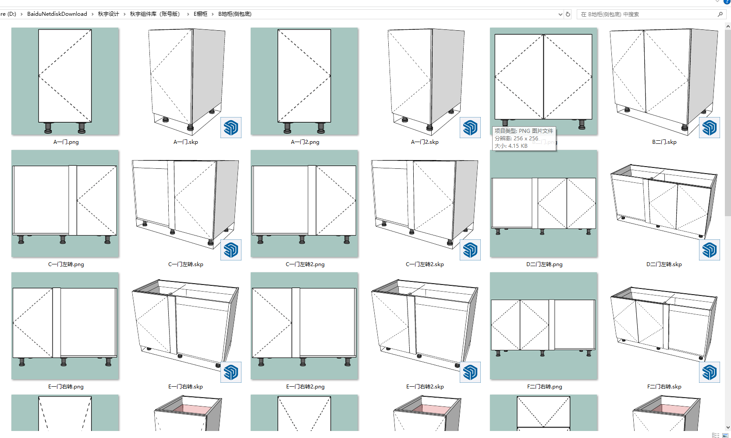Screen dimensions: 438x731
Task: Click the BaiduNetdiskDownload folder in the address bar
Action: point(57,14)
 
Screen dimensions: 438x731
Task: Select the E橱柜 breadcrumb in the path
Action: point(200,14)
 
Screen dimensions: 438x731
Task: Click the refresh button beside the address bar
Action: point(568,14)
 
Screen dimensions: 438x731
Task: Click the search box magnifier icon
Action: point(720,14)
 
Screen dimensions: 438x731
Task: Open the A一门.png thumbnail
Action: point(65,82)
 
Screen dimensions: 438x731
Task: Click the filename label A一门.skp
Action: point(186,142)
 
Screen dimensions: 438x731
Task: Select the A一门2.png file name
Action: point(305,142)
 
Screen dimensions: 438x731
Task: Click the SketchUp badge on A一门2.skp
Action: point(470,128)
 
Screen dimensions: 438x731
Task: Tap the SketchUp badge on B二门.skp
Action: point(710,128)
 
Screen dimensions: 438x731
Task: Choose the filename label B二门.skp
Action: point(664,142)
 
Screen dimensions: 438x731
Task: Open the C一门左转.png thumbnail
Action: point(65,203)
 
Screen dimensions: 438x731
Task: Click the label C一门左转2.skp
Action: point(425,264)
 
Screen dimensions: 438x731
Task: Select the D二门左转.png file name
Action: point(544,264)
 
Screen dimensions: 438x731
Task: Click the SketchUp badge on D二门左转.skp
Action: point(710,250)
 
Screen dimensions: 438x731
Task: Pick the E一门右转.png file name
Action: point(66,387)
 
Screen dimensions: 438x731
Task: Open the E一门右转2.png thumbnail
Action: point(304,326)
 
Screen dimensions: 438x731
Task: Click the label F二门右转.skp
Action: point(664,387)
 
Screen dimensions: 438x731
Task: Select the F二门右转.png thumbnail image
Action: point(543,326)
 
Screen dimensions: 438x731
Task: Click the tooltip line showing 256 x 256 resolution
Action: point(516,139)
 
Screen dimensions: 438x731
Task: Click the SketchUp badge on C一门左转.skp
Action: point(231,250)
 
